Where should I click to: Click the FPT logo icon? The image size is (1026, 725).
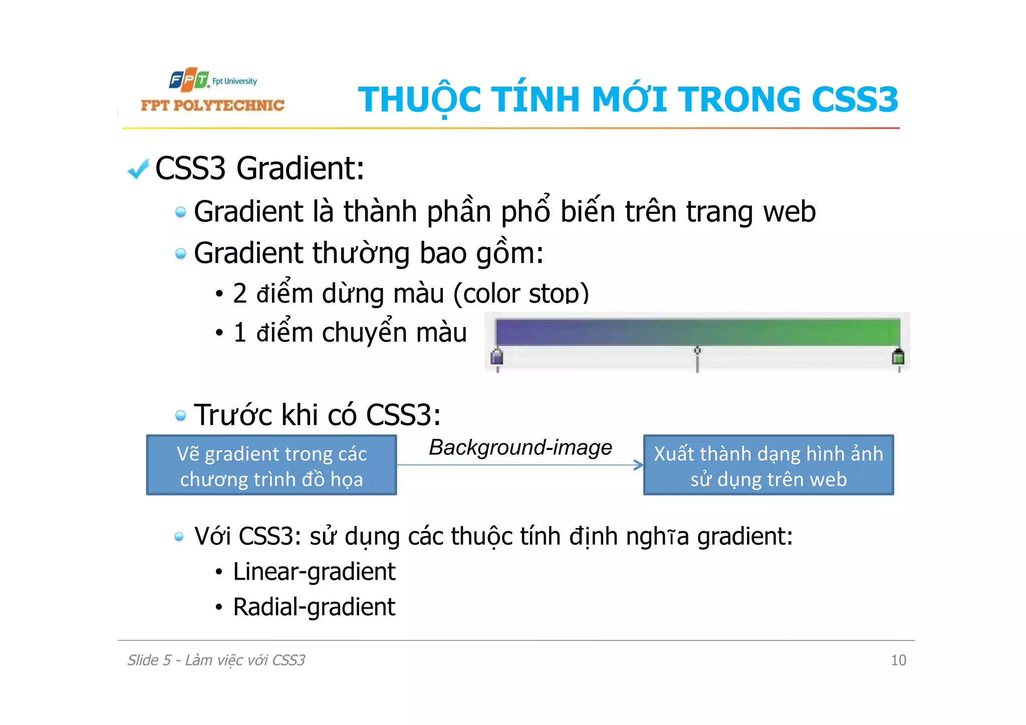(189, 80)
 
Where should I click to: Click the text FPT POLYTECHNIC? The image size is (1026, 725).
(212, 105)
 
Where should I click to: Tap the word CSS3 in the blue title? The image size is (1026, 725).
(855, 99)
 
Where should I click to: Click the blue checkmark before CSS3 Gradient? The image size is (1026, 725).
(138, 169)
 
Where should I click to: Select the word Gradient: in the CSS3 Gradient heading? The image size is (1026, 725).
(300, 168)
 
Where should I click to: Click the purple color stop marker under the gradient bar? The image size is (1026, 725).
(497, 357)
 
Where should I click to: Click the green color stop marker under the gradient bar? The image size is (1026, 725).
(898, 357)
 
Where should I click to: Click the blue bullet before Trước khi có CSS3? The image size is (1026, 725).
(180, 415)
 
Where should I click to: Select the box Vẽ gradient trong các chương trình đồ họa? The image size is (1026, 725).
(272, 465)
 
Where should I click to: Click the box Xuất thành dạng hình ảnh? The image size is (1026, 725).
(768, 465)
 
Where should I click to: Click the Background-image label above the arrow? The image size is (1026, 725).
(521, 447)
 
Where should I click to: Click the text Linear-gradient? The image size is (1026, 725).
(314, 572)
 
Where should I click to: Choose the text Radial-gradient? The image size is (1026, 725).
(314, 607)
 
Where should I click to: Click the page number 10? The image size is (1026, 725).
(898, 660)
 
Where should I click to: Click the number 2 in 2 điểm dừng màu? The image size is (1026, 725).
(239, 294)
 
